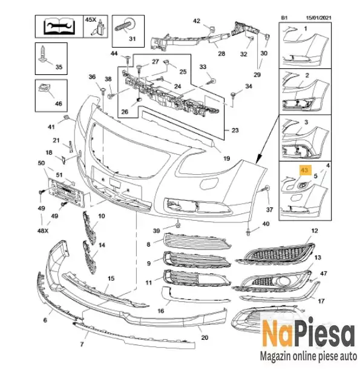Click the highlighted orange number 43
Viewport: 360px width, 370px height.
point(304,170)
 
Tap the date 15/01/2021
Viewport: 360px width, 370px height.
point(318,18)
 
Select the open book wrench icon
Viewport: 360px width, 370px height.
point(59,26)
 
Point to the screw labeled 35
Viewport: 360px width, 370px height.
point(43,54)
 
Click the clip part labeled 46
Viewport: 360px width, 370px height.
point(44,88)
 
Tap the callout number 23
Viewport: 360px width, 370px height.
point(235,130)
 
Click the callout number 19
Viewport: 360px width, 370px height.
point(226,158)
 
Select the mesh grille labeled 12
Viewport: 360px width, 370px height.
point(276,254)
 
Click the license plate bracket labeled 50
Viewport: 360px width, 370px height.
point(67,192)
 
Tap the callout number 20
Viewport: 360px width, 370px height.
point(205,337)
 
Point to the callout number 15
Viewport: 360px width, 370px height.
point(111,279)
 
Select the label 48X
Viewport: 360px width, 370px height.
point(43,230)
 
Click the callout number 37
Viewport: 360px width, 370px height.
point(269,210)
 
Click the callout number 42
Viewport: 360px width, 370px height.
point(197,21)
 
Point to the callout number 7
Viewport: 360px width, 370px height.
point(82,344)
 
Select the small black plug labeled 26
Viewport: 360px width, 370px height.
point(138,100)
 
